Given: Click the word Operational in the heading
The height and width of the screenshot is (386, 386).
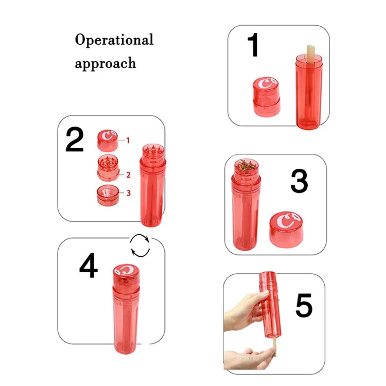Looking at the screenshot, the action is pos(114,40).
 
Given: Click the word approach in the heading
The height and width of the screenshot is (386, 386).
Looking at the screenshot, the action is pos(106,63).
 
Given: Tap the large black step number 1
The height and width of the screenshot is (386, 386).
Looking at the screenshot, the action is pos(253,45).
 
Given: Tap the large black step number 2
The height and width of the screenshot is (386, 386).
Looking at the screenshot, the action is pos(75,139).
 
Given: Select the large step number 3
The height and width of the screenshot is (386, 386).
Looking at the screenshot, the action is pos(299,181).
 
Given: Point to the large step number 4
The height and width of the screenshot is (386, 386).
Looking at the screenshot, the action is pos(89,266).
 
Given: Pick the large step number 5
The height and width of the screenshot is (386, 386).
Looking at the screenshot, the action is pos(304,305).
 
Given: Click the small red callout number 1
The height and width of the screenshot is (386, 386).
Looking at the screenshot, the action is pos(128,141).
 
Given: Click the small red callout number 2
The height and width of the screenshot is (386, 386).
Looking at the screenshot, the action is pos(128,175).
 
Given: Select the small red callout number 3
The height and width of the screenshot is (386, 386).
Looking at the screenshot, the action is pos(129,193).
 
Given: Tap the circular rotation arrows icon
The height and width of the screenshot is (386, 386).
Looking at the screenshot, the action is pos(140,245).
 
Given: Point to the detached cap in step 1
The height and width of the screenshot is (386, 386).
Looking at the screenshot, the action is pos(267,97).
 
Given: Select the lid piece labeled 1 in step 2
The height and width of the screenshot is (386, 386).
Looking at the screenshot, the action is pos(108,141).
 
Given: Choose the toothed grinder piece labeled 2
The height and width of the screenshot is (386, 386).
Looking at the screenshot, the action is pos(108,168).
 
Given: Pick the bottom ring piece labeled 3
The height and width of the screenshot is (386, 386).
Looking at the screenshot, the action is pos(108,196).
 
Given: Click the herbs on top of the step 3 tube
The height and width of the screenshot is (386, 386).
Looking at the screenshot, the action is pos(246,166).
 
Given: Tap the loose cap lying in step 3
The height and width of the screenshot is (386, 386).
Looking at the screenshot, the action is pos(286,230).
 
